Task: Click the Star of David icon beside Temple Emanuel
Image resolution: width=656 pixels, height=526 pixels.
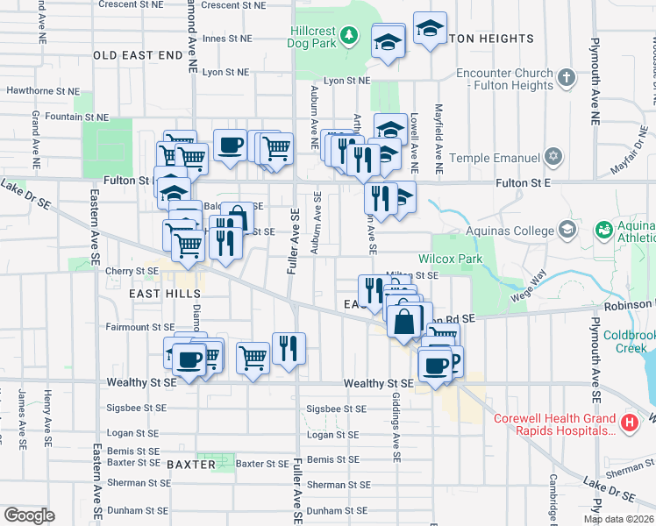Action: point(553,158)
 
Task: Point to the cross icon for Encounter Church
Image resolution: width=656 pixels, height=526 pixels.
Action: point(567,77)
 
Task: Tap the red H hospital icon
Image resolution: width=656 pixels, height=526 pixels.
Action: point(628,423)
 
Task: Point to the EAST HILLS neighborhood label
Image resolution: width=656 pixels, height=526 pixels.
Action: point(165,295)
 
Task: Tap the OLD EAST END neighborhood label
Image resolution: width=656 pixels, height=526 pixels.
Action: point(132,54)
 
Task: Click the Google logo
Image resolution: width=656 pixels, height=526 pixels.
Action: point(29,515)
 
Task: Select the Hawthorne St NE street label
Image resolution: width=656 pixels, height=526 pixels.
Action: point(42,90)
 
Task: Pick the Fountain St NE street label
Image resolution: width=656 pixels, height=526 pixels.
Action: point(76,117)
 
